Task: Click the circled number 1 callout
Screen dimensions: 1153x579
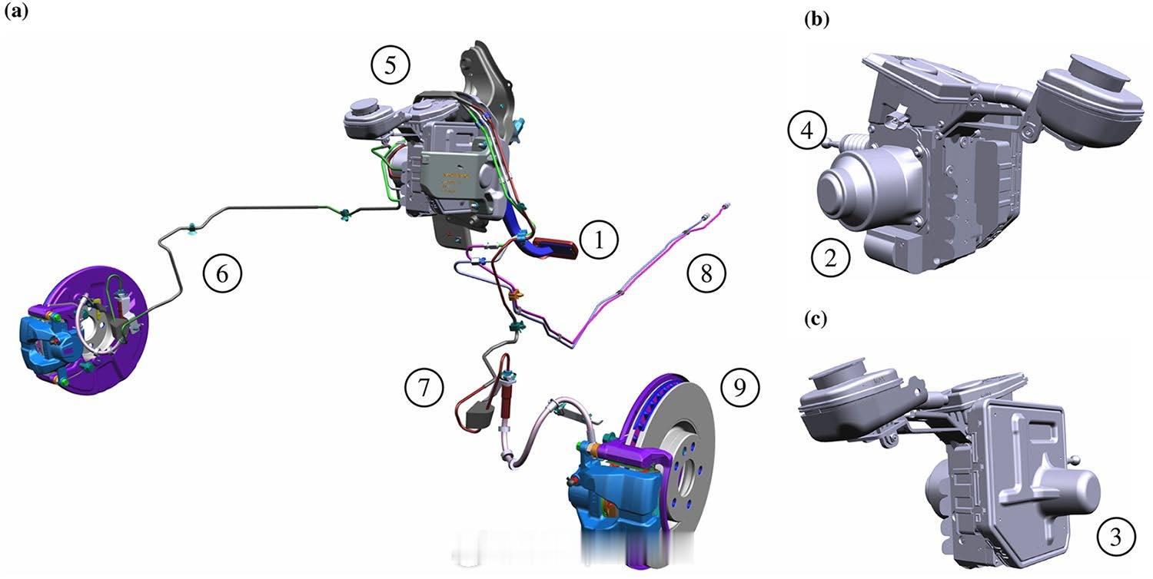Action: click(599, 240)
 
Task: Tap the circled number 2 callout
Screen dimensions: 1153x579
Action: click(831, 257)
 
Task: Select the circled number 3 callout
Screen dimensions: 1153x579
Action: click(1116, 538)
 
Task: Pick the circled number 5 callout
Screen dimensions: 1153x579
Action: click(390, 65)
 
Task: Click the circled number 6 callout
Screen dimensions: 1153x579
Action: click(222, 273)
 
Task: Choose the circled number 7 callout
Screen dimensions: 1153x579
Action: click(424, 388)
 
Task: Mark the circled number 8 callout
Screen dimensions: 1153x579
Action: click(706, 273)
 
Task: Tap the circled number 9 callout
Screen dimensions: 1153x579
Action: click(739, 387)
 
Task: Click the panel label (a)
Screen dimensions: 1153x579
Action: click(16, 12)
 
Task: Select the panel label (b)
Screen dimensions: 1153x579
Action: click(817, 19)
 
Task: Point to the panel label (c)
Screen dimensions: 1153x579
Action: click(816, 319)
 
